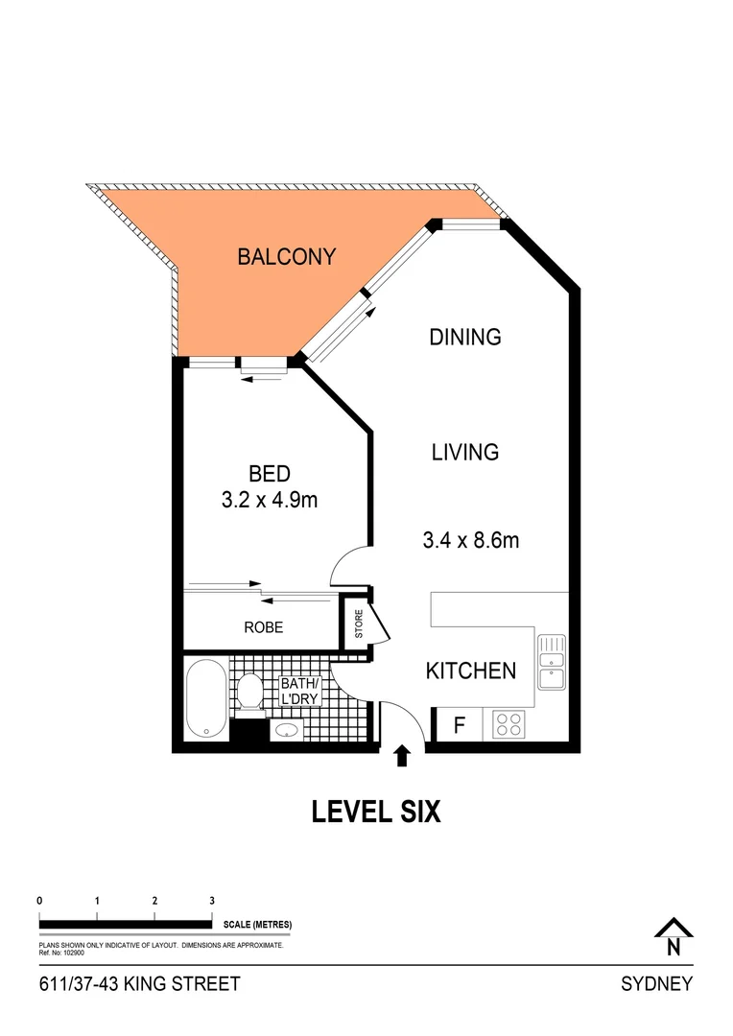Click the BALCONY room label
(286, 257)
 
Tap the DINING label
(465, 337)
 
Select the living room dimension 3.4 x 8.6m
(470, 540)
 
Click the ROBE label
(262, 627)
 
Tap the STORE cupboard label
(360, 624)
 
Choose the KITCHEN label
(470, 671)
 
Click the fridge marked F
(459, 725)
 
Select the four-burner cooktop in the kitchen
(508, 724)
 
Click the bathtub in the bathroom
(205, 698)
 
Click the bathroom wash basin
(287, 731)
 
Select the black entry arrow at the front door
(402, 756)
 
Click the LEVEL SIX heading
(376, 812)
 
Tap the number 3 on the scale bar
(211, 901)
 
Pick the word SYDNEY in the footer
(656, 984)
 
